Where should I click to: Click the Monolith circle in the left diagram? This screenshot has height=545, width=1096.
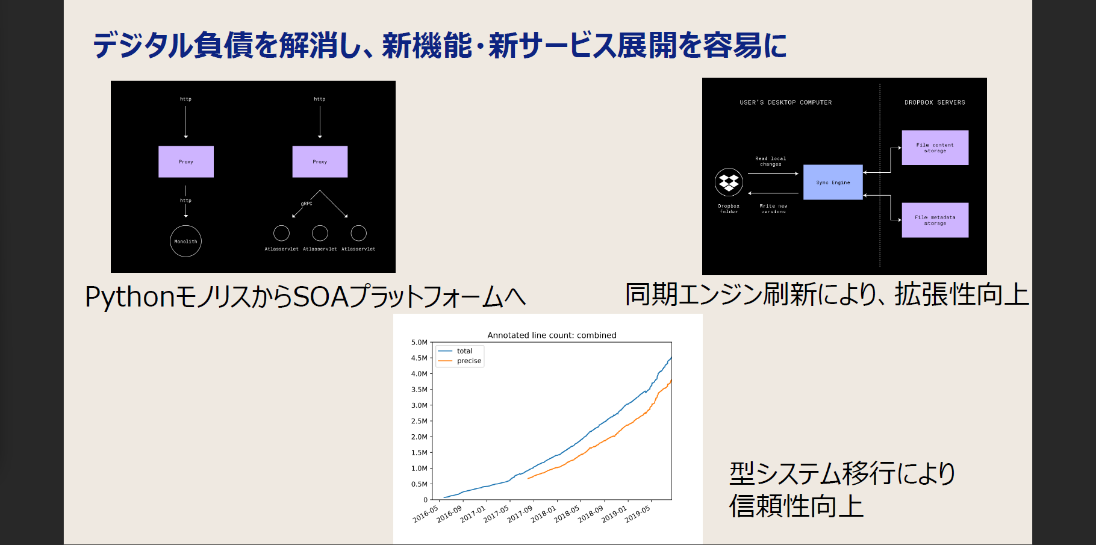point(185,241)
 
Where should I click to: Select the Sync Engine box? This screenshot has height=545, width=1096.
point(833,182)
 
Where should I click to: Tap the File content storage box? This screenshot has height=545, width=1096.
point(935,148)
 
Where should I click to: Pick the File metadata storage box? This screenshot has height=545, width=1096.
point(935,220)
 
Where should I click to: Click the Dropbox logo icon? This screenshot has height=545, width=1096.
point(729,182)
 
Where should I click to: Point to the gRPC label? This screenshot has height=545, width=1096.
point(307,204)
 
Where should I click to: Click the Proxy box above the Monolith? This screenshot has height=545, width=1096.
point(186,162)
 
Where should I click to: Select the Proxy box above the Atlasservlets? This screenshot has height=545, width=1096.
point(320,162)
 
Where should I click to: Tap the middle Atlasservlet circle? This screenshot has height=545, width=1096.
point(320,233)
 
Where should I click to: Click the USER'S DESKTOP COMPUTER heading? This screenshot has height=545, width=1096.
point(785,102)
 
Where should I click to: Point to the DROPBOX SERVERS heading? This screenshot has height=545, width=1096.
point(935,102)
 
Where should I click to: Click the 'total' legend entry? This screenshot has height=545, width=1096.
point(464,351)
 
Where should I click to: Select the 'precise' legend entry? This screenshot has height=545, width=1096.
point(469,361)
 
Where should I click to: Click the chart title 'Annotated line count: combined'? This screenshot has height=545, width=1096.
point(552,335)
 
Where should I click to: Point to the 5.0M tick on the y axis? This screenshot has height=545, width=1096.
point(419,343)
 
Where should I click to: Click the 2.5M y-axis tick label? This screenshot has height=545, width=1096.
point(419,422)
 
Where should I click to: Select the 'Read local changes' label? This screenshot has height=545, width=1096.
point(770,161)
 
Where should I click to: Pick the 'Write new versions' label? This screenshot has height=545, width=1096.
point(773,209)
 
